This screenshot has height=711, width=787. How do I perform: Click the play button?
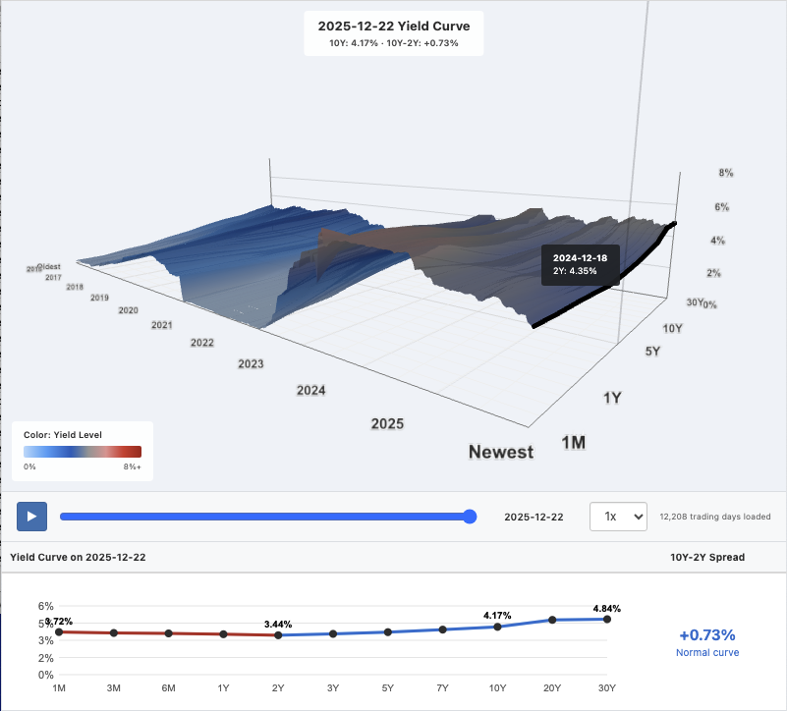click(x=31, y=516)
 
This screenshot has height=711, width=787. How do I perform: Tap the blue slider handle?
click(x=470, y=517)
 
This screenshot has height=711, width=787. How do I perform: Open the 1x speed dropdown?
click(x=618, y=517)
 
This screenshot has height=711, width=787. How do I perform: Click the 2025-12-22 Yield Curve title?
click(x=394, y=27)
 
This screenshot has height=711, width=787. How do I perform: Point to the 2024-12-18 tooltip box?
click(x=580, y=264)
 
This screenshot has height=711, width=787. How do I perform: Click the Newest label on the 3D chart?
click(x=501, y=452)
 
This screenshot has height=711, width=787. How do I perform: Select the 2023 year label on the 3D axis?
click(x=251, y=364)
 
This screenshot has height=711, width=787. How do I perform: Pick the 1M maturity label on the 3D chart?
click(x=573, y=443)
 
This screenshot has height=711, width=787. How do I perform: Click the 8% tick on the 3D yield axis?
click(x=726, y=173)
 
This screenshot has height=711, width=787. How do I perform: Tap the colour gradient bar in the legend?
click(x=83, y=452)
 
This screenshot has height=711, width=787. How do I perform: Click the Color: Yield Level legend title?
click(x=62, y=434)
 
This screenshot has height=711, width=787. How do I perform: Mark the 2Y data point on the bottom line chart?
click(x=278, y=635)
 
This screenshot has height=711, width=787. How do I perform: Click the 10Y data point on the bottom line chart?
click(x=498, y=627)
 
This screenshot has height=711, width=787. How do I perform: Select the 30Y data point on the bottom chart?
click(x=607, y=619)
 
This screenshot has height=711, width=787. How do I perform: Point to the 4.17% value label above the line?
click(x=498, y=615)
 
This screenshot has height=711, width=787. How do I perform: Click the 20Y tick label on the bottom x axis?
click(x=552, y=687)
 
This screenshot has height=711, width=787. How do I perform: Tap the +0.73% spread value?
click(x=706, y=634)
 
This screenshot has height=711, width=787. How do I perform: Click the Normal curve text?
click(x=706, y=652)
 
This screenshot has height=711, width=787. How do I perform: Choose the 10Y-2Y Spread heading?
click(x=706, y=557)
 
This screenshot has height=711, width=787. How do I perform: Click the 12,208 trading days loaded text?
click(x=715, y=517)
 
